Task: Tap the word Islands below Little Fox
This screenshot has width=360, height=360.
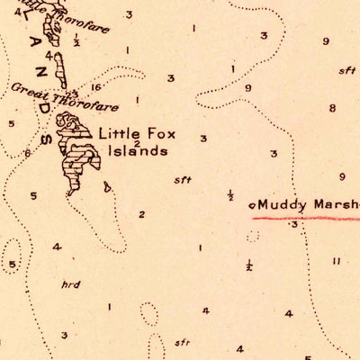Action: click(137, 152)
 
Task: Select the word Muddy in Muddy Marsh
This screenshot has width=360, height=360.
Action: click(286, 204)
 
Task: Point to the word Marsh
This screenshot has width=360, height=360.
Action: click(338, 204)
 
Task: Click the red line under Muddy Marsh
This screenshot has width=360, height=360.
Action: click(306, 217)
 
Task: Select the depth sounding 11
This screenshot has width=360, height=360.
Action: click(335, 261)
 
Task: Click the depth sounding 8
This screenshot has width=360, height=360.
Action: click(332, 108)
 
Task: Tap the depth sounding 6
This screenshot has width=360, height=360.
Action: click(28, 153)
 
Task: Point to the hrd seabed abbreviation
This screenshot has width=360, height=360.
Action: click(71, 284)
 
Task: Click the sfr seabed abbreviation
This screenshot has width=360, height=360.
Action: click(183, 343)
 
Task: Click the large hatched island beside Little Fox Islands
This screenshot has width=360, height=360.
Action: click(76, 153)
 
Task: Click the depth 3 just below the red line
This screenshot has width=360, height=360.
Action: click(294, 225)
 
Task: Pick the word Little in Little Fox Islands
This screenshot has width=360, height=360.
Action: click(119, 133)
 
